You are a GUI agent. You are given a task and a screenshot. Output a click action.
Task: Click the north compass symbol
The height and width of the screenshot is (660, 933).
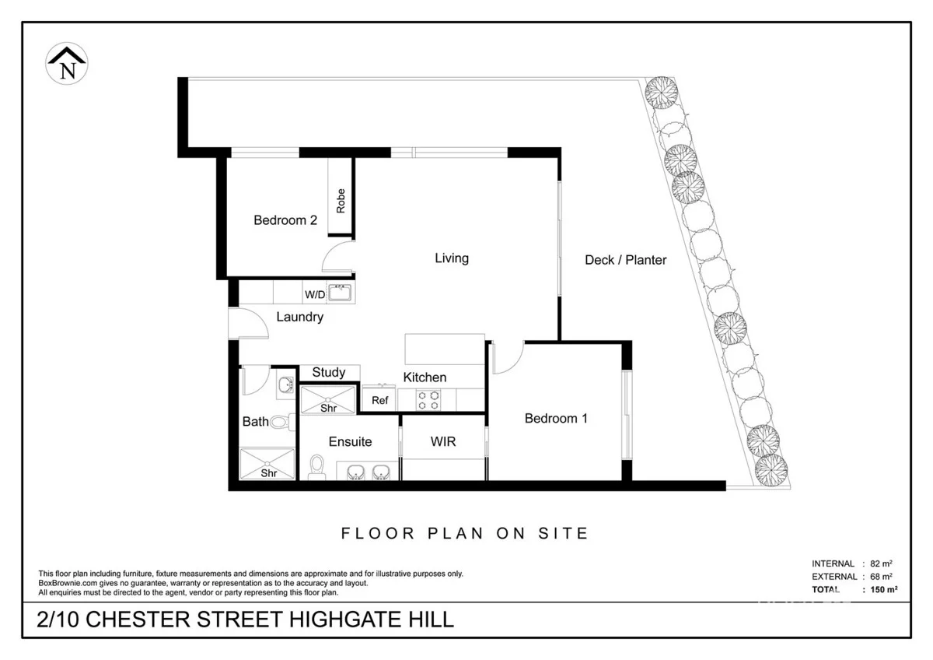coord(68,65)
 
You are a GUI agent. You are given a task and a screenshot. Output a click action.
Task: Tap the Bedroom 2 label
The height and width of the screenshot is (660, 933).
coord(285,220)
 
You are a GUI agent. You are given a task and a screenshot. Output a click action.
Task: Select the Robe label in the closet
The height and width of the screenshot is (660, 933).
coord(341,201)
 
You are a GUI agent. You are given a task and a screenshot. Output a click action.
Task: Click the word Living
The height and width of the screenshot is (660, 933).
coord(451,258)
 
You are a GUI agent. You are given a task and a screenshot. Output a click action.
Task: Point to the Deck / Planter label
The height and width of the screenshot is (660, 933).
coord(625,260)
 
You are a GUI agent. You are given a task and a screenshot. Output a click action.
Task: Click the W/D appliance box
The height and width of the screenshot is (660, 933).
coord(314,294)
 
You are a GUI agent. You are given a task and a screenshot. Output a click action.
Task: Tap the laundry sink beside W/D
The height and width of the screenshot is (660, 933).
coord(340,293)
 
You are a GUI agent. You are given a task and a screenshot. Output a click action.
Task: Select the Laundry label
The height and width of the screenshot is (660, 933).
coord(299,317)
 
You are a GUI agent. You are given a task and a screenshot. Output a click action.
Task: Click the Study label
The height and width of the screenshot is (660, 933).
coord(328,372)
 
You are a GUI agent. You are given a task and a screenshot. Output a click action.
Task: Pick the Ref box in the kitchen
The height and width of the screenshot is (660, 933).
coord(379,400)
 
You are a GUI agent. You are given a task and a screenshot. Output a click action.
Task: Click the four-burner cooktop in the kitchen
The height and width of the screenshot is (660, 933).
coord(427,400)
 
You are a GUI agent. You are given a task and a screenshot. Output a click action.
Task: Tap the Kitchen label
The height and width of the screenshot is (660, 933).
coord(425,377)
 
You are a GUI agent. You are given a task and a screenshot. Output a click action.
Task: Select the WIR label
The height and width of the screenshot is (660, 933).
coord(442,441)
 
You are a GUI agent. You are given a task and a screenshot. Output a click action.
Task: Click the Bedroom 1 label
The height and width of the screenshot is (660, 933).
coord(555,418)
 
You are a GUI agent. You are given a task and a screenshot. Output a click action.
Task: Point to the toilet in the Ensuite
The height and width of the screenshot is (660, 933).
coord(316,466)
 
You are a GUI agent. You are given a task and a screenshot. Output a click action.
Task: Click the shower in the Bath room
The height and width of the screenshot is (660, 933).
coord(267,464)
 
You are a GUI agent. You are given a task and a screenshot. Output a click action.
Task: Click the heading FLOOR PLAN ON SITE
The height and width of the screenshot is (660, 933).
coord(465,533)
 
